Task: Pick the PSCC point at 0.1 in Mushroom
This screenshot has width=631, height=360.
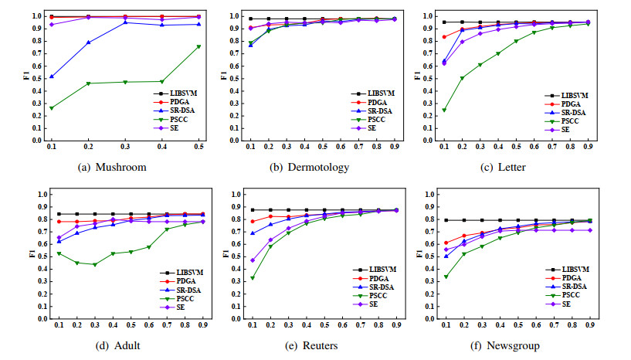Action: [x=52, y=108]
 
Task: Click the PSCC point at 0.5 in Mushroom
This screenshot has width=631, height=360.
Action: [x=198, y=46]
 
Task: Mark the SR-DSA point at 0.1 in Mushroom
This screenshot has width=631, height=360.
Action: [x=52, y=76]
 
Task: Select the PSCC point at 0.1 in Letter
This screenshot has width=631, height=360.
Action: [x=444, y=110]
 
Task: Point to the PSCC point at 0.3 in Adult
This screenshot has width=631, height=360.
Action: [x=94, y=264]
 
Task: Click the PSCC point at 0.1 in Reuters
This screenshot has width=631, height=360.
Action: [x=253, y=277]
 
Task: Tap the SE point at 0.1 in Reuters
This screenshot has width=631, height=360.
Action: [x=253, y=260]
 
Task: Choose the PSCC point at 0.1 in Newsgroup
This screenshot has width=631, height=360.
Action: [x=445, y=277]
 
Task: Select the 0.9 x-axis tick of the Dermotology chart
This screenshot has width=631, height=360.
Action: [x=395, y=148]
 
